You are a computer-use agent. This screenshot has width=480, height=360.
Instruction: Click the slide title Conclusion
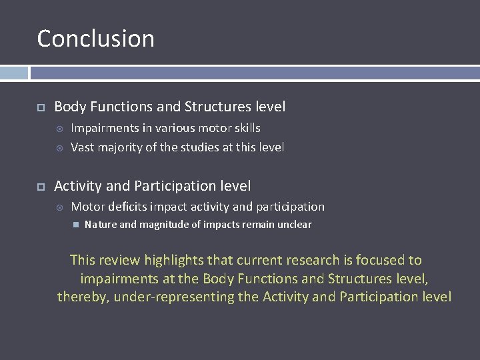[95, 39]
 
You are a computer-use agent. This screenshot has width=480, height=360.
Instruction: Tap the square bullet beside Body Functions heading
[40, 107]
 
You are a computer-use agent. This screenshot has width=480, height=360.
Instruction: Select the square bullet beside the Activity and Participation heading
[40, 186]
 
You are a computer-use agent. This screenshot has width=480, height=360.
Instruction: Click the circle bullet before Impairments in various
[59, 128]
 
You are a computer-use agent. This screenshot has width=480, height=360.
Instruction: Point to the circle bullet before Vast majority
[59, 147]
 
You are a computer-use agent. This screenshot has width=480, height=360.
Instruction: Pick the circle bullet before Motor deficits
[59, 207]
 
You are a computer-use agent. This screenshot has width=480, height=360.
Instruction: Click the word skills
[244, 128]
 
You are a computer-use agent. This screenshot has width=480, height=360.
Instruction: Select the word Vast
[83, 147]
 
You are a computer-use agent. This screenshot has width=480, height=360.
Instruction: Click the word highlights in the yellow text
[175, 260]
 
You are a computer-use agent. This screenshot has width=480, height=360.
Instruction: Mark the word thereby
[83, 297]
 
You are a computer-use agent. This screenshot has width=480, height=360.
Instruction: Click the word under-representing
[174, 297]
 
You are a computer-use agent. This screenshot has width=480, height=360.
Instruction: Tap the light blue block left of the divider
[14, 73]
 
